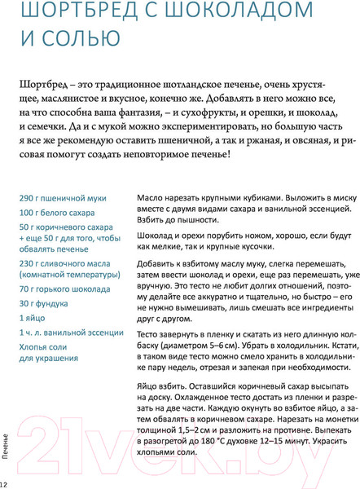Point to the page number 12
[5, 484]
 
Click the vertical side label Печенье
[7, 454]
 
